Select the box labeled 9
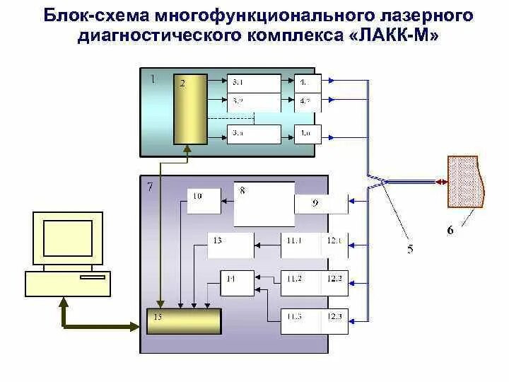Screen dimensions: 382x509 pyautogui.click(x=322, y=204)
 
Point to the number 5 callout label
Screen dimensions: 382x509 pyautogui.click(x=411, y=249)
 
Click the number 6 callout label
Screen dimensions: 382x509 pyautogui.click(x=451, y=230)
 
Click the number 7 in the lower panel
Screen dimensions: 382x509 pyautogui.click(x=149, y=187)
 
